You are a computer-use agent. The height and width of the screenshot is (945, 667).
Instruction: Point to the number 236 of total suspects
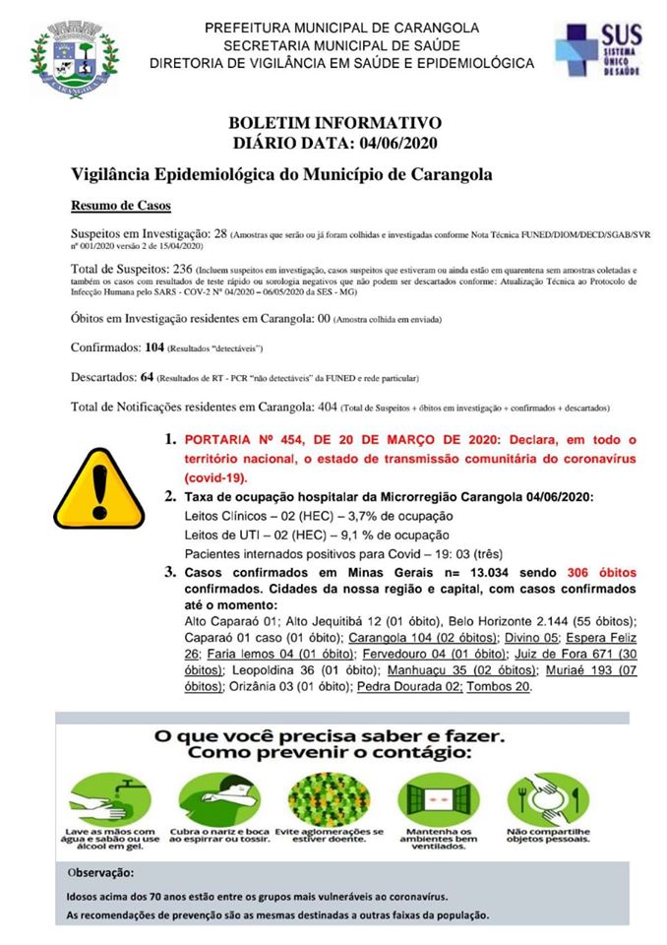click(x=180, y=269)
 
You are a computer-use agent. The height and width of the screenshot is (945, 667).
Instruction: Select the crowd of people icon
click(x=321, y=794)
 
